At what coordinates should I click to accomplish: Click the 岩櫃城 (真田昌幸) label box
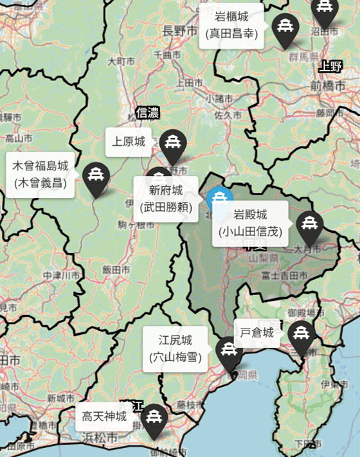pos(231,26)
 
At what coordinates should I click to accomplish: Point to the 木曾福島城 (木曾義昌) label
pos(40,174)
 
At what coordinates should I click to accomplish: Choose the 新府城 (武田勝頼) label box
pos(166,198)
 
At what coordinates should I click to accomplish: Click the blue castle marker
pos(220,199)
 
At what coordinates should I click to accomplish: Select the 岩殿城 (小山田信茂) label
pos(250,222)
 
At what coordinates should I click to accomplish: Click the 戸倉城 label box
pos(256,333)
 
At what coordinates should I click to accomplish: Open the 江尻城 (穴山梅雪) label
pos(175,348)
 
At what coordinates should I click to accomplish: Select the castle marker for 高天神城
pos(154,419)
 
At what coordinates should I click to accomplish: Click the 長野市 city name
pos(177,30)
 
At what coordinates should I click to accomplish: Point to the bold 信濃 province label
pos(148,113)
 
